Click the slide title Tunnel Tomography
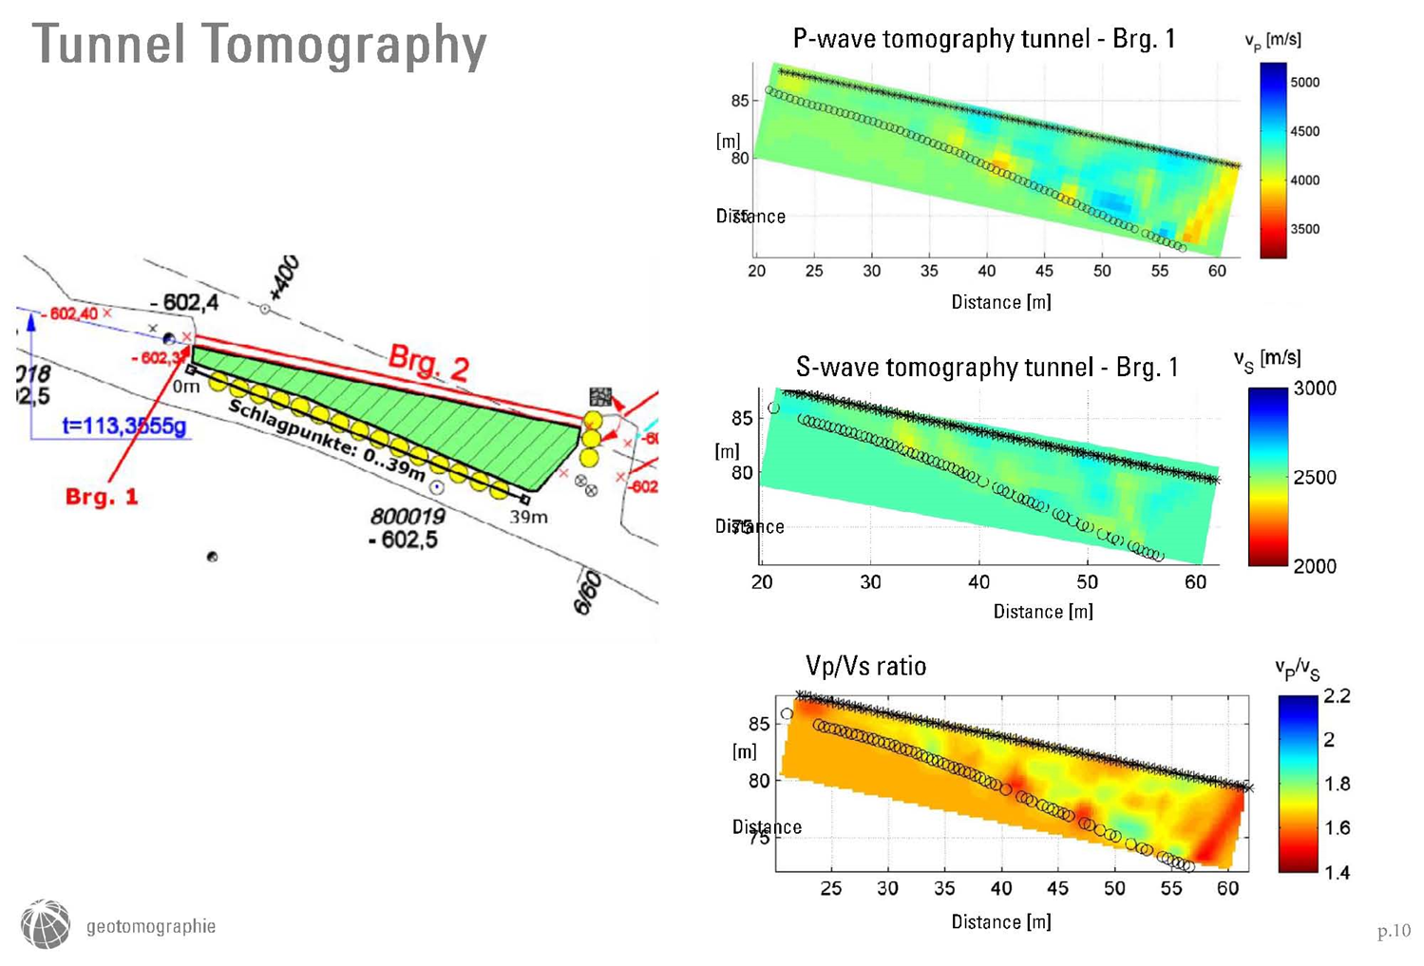(x=259, y=45)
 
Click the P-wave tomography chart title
(x=983, y=39)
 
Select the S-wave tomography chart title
(x=986, y=368)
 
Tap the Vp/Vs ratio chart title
(x=865, y=666)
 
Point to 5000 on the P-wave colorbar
(x=1304, y=83)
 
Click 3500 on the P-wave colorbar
(x=1304, y=229)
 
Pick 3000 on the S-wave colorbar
(x=1315, y=388)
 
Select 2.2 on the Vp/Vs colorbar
(x=1336, y=696)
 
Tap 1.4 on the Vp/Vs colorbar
(x=1336, y=872)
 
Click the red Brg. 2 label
(x=428, y=363)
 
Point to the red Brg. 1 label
(x=102, y=496)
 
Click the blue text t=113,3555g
(x=124, y=426)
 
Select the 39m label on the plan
(x=528, y=517)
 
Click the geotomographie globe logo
(x=46, y=924)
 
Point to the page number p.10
(x=1394, y=931)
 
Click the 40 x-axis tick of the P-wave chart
(x=987, y=271)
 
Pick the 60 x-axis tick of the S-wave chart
(x=1195, y=582)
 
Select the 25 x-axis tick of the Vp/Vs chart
(x=830, y=888)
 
